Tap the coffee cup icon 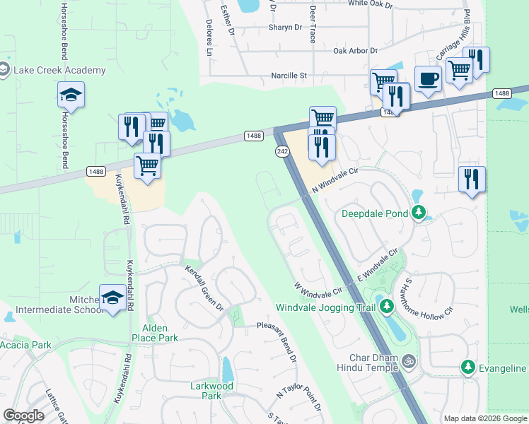click(x=428, y=79)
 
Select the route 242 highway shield click(x=281, y=152)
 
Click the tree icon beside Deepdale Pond click(x=419, y=212)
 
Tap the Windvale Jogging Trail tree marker click(x=386, y=306)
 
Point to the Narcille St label click(x=289, y=76)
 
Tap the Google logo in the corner click(x=23, y=416)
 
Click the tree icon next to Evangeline click(x=467, y=367)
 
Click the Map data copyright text click(x=485, y=418)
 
